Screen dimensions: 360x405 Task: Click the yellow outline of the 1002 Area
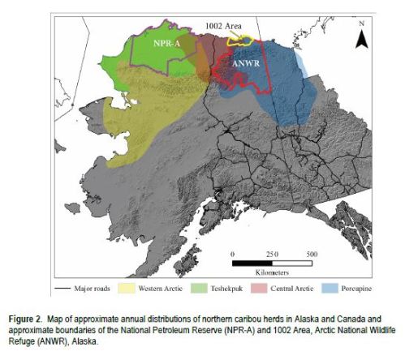(x=241, y=39)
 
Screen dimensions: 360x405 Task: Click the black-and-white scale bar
(x=272, y=263)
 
